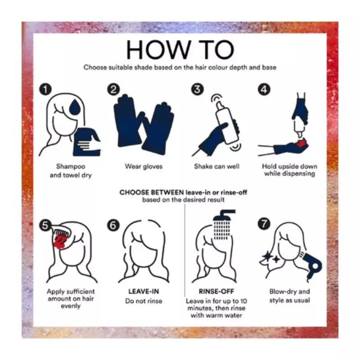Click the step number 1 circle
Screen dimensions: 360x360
click(45, 89)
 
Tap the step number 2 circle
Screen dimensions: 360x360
click(113, 89)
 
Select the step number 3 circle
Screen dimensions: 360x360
click(198, 89)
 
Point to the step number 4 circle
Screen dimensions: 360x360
click(264, 89)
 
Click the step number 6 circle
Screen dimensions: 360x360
click(113, 225)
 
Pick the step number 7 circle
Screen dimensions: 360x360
click(264, 224)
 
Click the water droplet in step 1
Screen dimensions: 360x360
click(75, 107)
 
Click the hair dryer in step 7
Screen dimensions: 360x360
click(312, 265)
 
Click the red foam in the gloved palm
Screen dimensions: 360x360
click(301, 143)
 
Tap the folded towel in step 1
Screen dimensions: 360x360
click(87, 142)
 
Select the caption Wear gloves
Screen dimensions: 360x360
click(144, 166)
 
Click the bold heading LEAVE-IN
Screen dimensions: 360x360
click(144, 291)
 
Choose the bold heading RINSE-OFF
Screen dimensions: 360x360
click(216, 291)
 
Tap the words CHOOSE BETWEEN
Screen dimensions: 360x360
click(152, 193)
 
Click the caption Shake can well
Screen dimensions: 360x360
click(216, 166)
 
